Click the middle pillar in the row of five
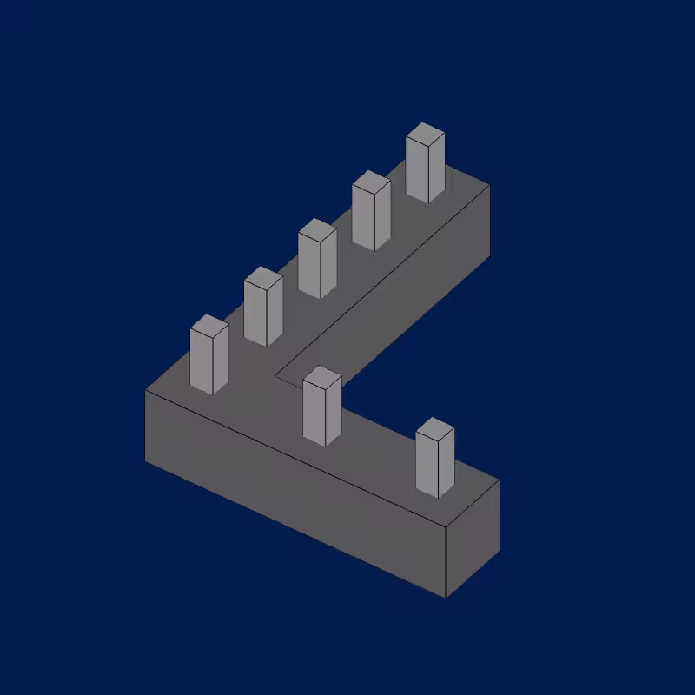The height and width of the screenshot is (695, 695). [x=317, y=261]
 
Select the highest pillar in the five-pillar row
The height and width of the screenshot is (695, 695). [x=425, y=165]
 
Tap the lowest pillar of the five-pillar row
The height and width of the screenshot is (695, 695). [x=209, y=356]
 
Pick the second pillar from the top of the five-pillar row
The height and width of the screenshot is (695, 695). [x=371, y=213]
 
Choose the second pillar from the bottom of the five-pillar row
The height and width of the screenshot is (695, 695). [x=263, y=308]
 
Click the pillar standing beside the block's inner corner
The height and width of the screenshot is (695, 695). [x=322, y=408]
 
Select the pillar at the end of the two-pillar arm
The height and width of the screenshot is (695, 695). [x=435, y=460]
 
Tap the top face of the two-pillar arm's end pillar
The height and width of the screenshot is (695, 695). [x=435, y=429]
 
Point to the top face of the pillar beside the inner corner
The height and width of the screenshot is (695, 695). [x=322, y=377]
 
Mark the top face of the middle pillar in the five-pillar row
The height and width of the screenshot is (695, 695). [x=317, y=230]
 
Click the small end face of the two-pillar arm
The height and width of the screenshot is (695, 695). [x=472, y=539]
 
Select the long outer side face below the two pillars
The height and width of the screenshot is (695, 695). [x=295, y=491]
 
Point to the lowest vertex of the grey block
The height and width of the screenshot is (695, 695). [x=446, y=598]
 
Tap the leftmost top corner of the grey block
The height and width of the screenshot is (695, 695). [x=146, y=391]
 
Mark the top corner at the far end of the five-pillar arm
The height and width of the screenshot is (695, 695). [x=489, y=185]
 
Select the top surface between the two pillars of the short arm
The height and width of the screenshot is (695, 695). [x=382, y=443]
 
